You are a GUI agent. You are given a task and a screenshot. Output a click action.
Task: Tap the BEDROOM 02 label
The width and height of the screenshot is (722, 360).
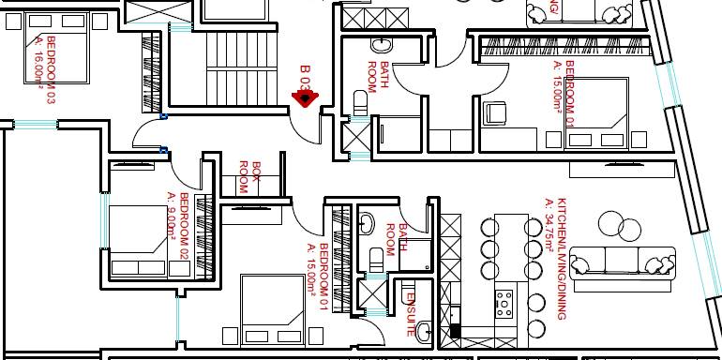point(184,226)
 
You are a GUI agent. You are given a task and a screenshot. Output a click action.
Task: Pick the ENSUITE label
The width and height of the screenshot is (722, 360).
point(410,313)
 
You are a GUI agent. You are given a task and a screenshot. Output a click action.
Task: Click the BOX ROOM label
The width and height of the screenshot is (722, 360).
point(248,177)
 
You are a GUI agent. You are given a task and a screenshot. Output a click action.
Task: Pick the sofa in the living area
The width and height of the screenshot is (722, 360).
point(623,260)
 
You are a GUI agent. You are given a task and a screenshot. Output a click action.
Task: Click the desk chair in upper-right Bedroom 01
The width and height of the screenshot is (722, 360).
point(495,113)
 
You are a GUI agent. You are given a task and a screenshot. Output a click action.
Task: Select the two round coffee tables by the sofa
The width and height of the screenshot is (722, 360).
point(619,225)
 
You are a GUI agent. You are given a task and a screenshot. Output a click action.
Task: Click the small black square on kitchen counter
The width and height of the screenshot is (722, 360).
point(456,330)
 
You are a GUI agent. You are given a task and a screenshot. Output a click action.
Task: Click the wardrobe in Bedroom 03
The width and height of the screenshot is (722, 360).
point(150,71)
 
